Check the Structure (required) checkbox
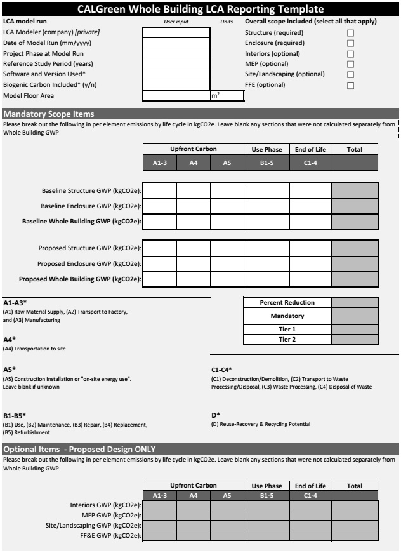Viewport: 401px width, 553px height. point(350,32)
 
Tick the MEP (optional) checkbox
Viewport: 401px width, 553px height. point(350,64)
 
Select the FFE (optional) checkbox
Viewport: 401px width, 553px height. point(350,85)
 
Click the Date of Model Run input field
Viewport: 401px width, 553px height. point(176,43)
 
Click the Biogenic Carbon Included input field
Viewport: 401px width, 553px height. point(176,85)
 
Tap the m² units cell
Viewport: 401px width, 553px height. point(227,96)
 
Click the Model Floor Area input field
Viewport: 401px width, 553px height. point(176,96)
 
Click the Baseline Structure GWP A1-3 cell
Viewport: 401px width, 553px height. point(159,190)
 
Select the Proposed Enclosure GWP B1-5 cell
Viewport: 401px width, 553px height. point(266,263)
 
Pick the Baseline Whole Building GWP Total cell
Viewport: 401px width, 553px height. point(355,222)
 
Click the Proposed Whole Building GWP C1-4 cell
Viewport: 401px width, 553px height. point(310,279)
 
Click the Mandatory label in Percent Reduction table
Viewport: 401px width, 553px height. point(287,316)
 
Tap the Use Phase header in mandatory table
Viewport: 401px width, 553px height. point(266,149)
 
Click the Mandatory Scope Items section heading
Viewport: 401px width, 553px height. point(49,114)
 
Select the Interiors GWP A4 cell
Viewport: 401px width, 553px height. point(194,505)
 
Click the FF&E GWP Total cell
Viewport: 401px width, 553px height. point(355,536)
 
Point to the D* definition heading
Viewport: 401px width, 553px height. point(216,415)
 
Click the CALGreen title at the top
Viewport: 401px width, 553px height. point(200,9)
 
